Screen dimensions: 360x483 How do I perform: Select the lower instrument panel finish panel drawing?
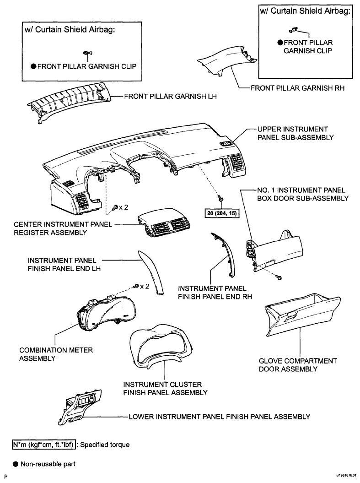[x=80, y=407]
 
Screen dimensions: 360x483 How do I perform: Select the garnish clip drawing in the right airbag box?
[x=294, y=30]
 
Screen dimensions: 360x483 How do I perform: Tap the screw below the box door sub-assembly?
[x=279, y=277]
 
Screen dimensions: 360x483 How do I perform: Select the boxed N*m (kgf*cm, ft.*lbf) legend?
[x=44, y=445]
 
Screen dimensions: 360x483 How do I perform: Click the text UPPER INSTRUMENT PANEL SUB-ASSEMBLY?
[x=296, y=133]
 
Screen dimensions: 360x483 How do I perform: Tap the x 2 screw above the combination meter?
[x=137, y=287]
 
